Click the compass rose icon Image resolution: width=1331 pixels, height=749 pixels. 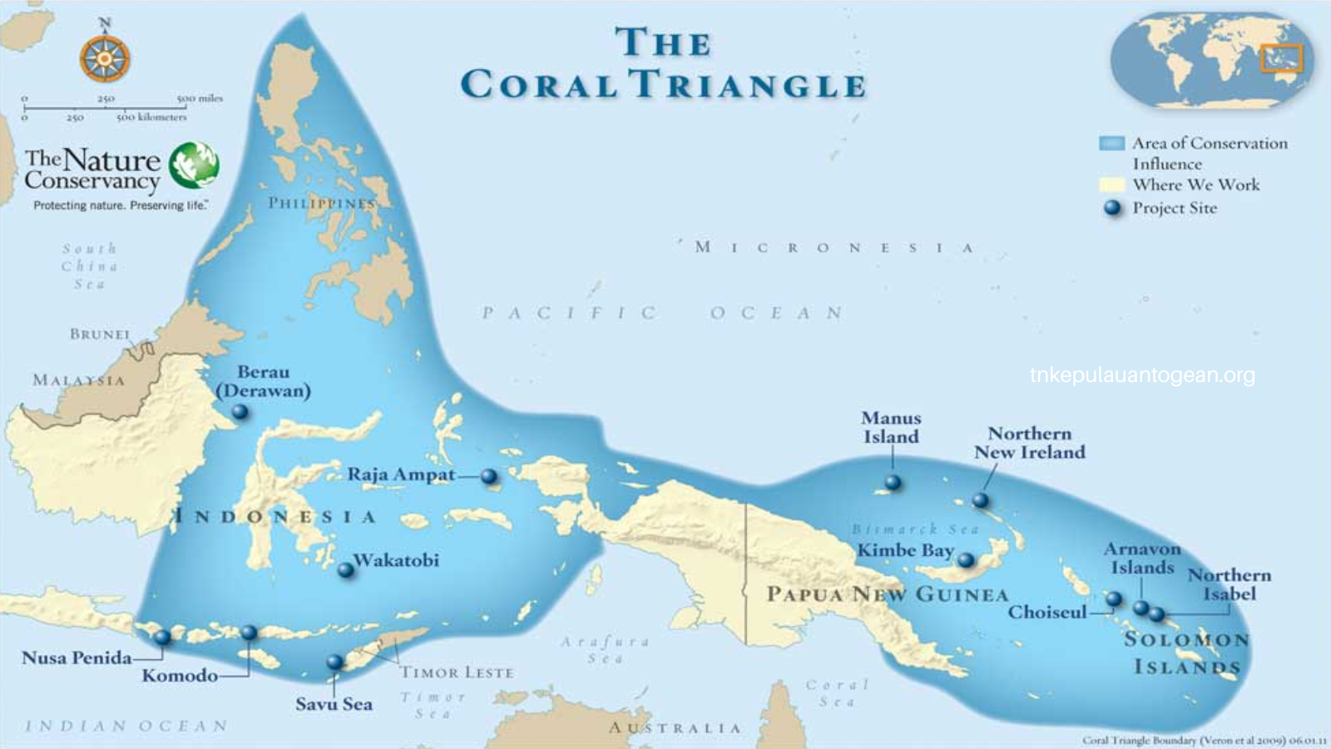(105, 58)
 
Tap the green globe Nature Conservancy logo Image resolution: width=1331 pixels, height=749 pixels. (194, 165)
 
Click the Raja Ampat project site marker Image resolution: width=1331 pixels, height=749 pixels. (489, 477)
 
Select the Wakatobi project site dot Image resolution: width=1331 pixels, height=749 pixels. (345, 570)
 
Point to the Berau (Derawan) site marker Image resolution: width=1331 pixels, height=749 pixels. (240, 411)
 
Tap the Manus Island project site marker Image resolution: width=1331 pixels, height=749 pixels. (893, 482)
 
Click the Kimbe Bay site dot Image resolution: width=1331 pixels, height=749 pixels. (966, 560)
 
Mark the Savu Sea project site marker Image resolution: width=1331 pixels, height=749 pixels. (334, 662)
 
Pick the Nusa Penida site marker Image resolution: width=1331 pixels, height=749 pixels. (162, 637)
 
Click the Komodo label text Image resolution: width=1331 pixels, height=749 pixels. (180, 675)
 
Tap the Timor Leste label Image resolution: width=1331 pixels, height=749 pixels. (457, 672)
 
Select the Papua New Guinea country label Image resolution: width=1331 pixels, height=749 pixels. (887, 594)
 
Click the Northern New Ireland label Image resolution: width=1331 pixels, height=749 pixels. (1030, 443)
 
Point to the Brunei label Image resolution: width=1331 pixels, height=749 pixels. (100, 334)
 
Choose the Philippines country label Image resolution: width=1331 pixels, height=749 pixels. (322, 203)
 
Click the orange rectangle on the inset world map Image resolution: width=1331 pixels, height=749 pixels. (1281, 58)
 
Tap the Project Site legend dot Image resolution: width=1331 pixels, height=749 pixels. (1112, 208)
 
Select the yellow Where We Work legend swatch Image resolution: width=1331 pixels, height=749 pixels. (1111, 185)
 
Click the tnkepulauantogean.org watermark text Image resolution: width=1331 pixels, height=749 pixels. (1142, 375)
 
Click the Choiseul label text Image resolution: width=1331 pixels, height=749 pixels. (1047, 613)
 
